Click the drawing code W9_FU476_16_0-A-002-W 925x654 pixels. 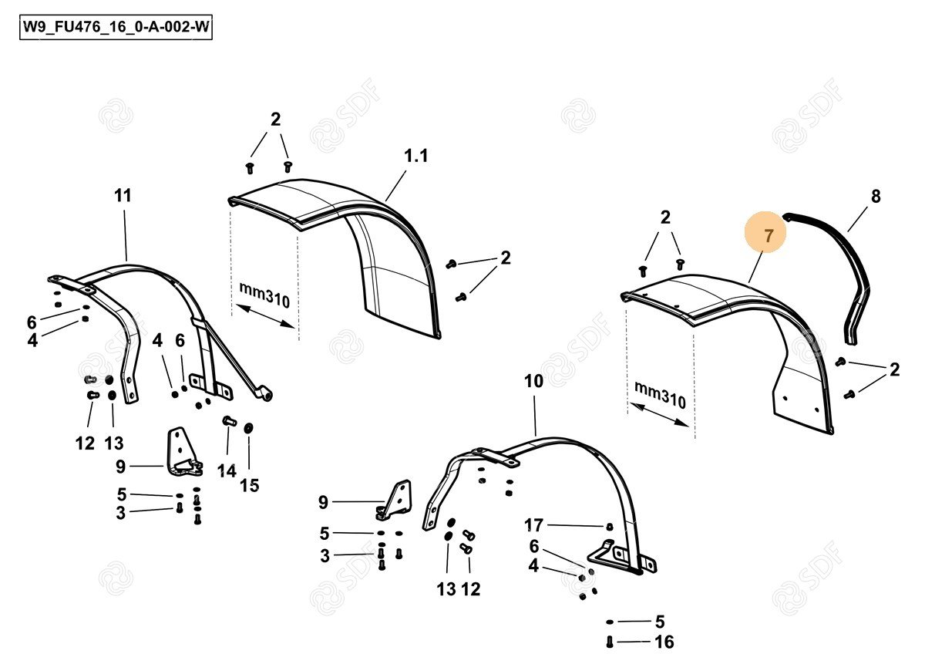pyautogui.click(x=116, y=28)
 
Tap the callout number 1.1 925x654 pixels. pyautogui.click(x=415, y=156)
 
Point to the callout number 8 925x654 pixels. pyautogui.click(x=876, y=196)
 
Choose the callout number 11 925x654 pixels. pyautogui.click(x=123, y=195)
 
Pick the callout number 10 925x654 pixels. pyautogui.click(x=533, y=381)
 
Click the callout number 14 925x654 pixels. pyautogui.click(x=227, y=471)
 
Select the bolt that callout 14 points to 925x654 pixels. pyautogui.click(x=230, y=421)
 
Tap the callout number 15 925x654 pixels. pyautogui.click(x=250, y=486)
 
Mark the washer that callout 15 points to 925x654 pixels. pyautogui.click(x=248, y=428)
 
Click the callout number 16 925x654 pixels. pyautogui.click(x=664, y=642)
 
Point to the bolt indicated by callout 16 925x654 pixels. pyautogui.click(x=610, y=642)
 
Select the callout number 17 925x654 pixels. pyautogui.click(x=533, y=525)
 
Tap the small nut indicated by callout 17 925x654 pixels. pyautogui.click(x=609, y=527)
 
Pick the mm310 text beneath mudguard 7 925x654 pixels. pyautogui.click(x=660, y=396)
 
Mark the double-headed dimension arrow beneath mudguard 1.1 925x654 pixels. pyautogui.click(x=265, y=316)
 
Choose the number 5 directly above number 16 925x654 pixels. pyautogui.click(x=660, y=622)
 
